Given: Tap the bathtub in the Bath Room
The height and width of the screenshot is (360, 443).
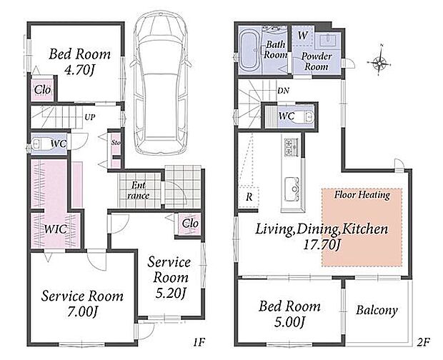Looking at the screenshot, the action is [x=249, y=50].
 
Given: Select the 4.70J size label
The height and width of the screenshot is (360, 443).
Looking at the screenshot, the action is [x=79, y=69].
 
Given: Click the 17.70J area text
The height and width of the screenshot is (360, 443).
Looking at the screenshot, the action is [x=322, y=244].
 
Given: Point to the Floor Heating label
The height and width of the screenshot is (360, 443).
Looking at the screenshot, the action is [x=362, y=195].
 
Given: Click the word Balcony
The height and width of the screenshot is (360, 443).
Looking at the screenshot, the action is [x=377, y=310].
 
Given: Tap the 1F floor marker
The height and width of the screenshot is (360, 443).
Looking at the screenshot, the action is [x=199, y=342].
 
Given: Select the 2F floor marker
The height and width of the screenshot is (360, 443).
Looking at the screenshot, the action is [x=423, y=342].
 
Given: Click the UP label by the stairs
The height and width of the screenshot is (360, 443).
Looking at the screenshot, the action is [x=90, y=117].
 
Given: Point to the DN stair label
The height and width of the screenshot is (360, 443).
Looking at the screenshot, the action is [x=283, y=91].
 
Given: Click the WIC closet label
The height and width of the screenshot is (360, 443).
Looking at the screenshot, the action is [x=56, y=229].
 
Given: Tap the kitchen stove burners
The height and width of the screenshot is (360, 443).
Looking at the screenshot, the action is [x=291, y=147].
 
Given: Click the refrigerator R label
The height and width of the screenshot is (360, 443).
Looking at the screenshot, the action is [x=249, y=197].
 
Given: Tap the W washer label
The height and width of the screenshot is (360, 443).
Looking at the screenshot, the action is [x=302, y=35].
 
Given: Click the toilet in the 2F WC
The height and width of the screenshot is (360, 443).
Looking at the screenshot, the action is [x=304, y=116].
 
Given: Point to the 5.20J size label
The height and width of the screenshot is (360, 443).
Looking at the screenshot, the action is [x=171, y=294].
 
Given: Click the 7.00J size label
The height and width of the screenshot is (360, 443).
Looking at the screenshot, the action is [x=82, y=311].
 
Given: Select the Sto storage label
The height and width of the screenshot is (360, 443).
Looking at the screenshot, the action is [x=116, y=143].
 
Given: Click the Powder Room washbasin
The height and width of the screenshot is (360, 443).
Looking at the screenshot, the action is [x=328, y=40].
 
